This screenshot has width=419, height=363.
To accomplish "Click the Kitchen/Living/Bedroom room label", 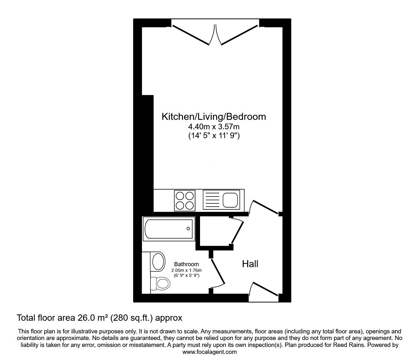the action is pyautogui.click(x=214, y=117).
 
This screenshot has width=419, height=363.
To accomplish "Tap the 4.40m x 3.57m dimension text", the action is pyautogui.click(x=214, y=127).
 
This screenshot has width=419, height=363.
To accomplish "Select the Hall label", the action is pyautogui.click(x=250, y=264).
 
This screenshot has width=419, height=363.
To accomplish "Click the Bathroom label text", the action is pyautogui.click(x=186, y=264).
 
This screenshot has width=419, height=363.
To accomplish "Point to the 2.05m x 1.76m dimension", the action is pyautogui.click(x=186, y=270).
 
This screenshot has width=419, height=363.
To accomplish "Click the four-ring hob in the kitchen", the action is pyautogui.click(x=185, y=201).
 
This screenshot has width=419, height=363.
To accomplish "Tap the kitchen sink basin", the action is pyautogui.click(x=230, y=200).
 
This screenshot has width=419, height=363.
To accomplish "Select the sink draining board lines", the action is pyautogui.click(x=212, y=200).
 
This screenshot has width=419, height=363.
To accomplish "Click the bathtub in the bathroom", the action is pyautogui.click(x=169, y=229).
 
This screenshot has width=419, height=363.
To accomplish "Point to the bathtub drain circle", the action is pyautogui.click(x=188, y=229).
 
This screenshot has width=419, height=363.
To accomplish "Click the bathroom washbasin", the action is pyautogui.click(x=158, y=262).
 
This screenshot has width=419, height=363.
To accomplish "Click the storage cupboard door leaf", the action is pyautogui.click(x=238, y=232).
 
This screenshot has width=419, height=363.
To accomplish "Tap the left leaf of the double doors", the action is pyautogui.click(x=191, y=35).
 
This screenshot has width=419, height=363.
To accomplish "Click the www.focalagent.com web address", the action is pyautogui.click(x=209, y=352).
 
